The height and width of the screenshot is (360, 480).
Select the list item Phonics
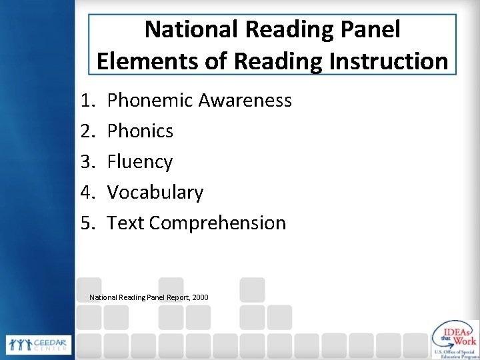click(x=140, y=131)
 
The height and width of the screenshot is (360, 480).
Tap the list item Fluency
click(x=139, y=162)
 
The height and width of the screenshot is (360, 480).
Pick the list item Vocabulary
click(x=155, y=193)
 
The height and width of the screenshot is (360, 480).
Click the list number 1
click(x=87, y=101)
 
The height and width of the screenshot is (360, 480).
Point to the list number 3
click(x=87, y=162)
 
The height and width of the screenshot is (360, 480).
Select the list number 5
click(x=87, y=223)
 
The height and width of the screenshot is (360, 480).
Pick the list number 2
click(x=87, y=131)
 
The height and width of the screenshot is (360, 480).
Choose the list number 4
click(x=87, y=193)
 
